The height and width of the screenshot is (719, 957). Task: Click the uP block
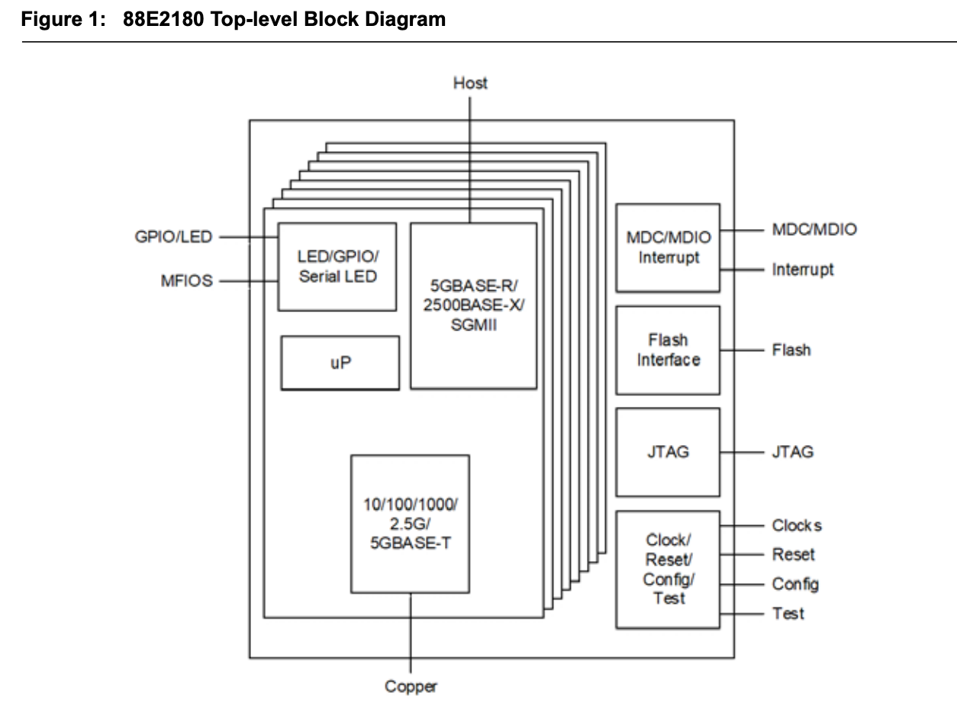pos(340,363)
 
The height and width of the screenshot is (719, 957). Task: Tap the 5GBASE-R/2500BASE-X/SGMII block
pos(473,305)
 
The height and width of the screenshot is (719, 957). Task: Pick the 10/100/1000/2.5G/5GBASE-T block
pos(410,523)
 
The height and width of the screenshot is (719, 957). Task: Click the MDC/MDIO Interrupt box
pos(668,247)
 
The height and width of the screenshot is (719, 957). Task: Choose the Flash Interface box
pos(668,350)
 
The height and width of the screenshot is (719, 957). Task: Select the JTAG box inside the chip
pos(668,452)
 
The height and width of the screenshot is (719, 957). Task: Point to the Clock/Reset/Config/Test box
pos(668,569)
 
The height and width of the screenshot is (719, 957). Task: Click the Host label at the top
pos(469,83)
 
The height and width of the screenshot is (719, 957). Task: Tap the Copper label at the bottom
pos(411,687)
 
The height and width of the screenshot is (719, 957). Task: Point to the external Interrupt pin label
pos(804,269)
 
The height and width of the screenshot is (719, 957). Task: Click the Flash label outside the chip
pos(791,350)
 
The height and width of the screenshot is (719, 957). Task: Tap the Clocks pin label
pos(797,526)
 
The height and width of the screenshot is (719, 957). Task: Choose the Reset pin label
pos(793,554)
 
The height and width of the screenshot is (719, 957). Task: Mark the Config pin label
pos(795,584)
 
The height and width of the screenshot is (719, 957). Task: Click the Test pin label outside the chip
pos(788,613)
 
